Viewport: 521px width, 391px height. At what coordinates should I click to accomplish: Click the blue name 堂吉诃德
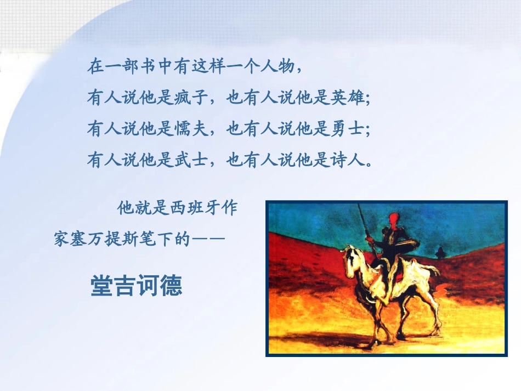136,286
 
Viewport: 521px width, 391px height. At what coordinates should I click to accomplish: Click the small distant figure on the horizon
439,252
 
